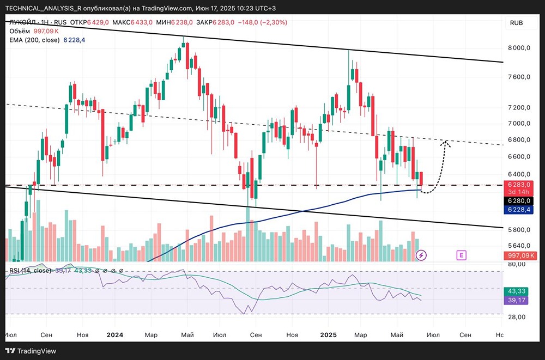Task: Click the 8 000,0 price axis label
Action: coord(519,47)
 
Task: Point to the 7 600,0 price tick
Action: coord(519,77)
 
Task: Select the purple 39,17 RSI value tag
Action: coord(516,300)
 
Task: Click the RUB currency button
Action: coord(516,23)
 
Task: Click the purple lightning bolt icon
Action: coord(421,254)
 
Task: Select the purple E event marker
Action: coord(462,254)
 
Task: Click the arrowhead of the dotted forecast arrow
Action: coord(446,142)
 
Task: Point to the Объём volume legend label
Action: coord(20,31)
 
